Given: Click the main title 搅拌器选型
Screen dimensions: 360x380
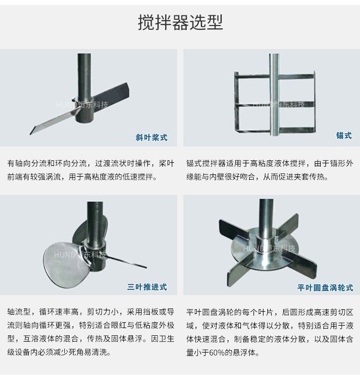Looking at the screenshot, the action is [180, 22].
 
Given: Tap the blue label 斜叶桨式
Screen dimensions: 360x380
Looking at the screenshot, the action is [151, 137].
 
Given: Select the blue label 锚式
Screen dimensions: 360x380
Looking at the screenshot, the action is [344, 135].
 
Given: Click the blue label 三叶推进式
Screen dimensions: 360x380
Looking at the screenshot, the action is [147, 287].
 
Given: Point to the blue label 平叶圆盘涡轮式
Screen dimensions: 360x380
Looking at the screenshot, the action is [325, 288].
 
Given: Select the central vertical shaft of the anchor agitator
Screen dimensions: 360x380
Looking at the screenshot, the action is [274, 95].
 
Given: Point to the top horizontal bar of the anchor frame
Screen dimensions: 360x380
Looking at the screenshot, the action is [275, 76].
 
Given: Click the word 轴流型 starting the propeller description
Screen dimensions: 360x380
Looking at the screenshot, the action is [19, 312].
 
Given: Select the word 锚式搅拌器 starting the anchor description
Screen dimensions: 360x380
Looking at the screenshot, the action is [206, 163].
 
